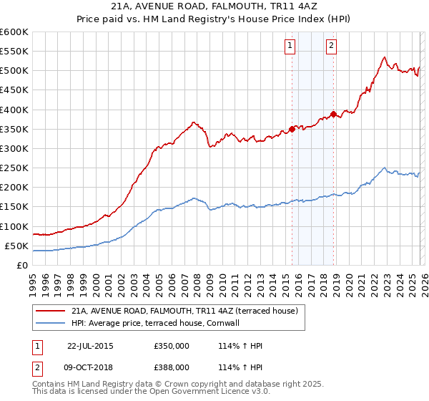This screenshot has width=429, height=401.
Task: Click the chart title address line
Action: pyautogui.click(x=214, y=7)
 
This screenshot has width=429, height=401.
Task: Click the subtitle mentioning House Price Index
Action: pyautogui.click(x=214, y=19)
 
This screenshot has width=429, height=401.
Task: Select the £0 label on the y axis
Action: pyautogui.click(x=21, y=265)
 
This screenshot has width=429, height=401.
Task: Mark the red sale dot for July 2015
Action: pyautogui.click(x=292, y=130)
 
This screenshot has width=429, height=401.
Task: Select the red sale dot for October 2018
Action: pyautogui.click(x=333, y=115)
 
